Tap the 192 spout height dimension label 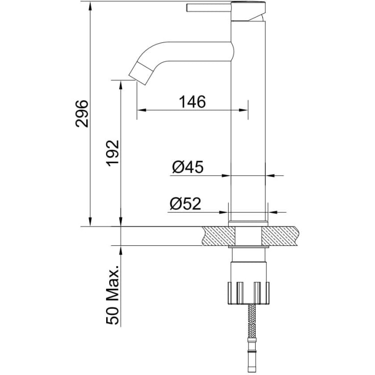(x=113, y=153)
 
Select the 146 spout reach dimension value (x=192, y=102)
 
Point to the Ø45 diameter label (x=188, y=167)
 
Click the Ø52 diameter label (x=186, y=204)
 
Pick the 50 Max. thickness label (x=113, y=295)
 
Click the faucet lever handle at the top (x=209, y=8)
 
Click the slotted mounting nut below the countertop (x=248, y=293)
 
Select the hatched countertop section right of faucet (x=280, y=236)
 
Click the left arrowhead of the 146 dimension (x=141, y=110)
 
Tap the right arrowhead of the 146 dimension (x=243, y=110)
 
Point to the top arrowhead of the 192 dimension (x=121, y=85)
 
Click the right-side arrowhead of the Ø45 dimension (x=270, y=176)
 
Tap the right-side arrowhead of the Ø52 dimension (x=273, y=212)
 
